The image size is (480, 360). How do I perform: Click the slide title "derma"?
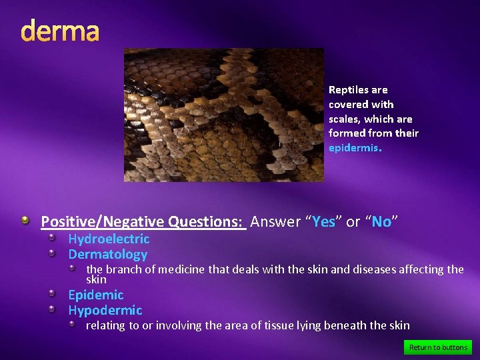(x=60, y=31)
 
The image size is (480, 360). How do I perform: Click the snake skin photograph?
(x=223, y=115)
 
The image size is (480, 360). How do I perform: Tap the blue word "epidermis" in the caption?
(x=353, y=148)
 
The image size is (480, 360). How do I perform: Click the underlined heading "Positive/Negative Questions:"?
(x=143, y=222)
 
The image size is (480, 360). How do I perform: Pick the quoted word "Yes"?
(x=324, y=222)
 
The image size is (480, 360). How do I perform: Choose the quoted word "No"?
(x=381, y=222)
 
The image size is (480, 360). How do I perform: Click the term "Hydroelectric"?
(x=109, y=239)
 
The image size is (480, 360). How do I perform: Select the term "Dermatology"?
(x=107, y=254)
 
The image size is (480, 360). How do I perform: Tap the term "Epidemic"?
(x=96, y=295)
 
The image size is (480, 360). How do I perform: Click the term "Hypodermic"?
(x=105, y=310)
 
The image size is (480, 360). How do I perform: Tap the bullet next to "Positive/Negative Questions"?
(x=25, y=221)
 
